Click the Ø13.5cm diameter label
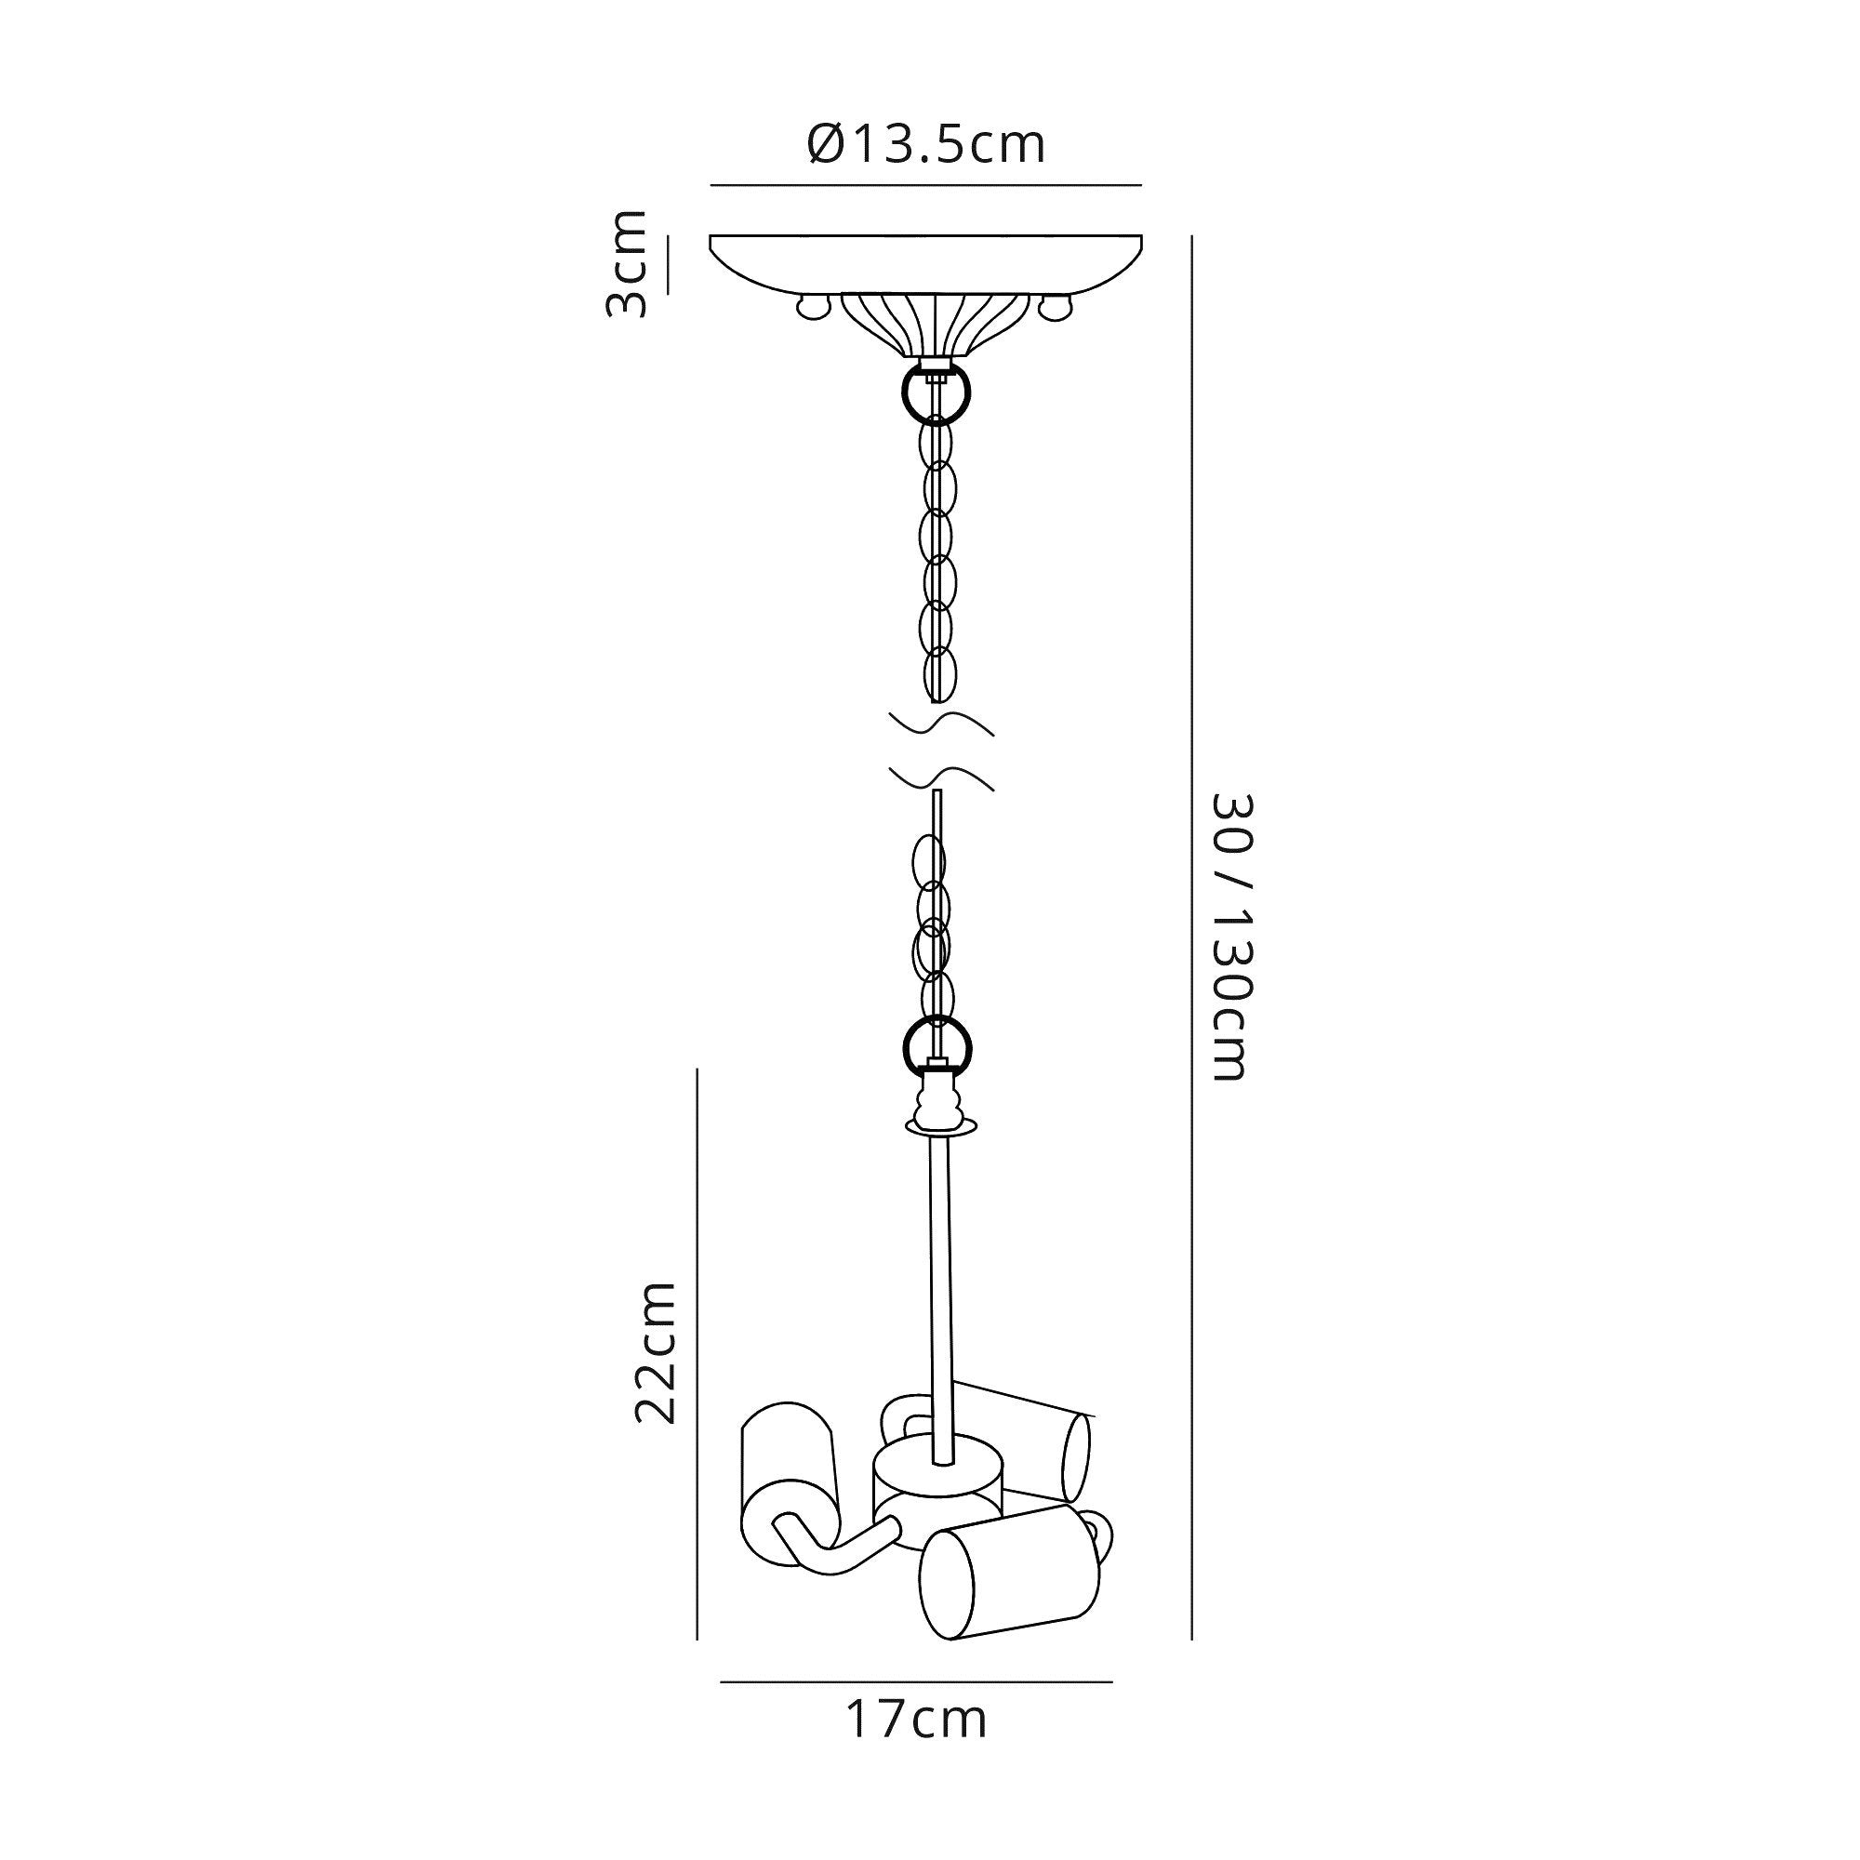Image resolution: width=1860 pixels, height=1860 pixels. pos(925,144)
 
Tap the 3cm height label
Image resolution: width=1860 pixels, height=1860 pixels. pos(627,263)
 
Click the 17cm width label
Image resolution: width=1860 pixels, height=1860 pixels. pos(917,1720)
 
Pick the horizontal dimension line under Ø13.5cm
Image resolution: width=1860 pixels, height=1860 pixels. pos(925,185)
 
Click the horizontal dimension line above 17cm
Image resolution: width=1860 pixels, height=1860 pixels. pos(917,1681)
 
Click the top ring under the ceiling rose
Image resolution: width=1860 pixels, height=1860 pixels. pos(936,392)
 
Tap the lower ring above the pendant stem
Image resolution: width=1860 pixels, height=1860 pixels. pos(937,1046)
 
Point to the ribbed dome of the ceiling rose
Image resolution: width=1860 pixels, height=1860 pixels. pos(936,324)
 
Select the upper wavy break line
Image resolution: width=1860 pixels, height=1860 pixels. pos(941,723)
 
